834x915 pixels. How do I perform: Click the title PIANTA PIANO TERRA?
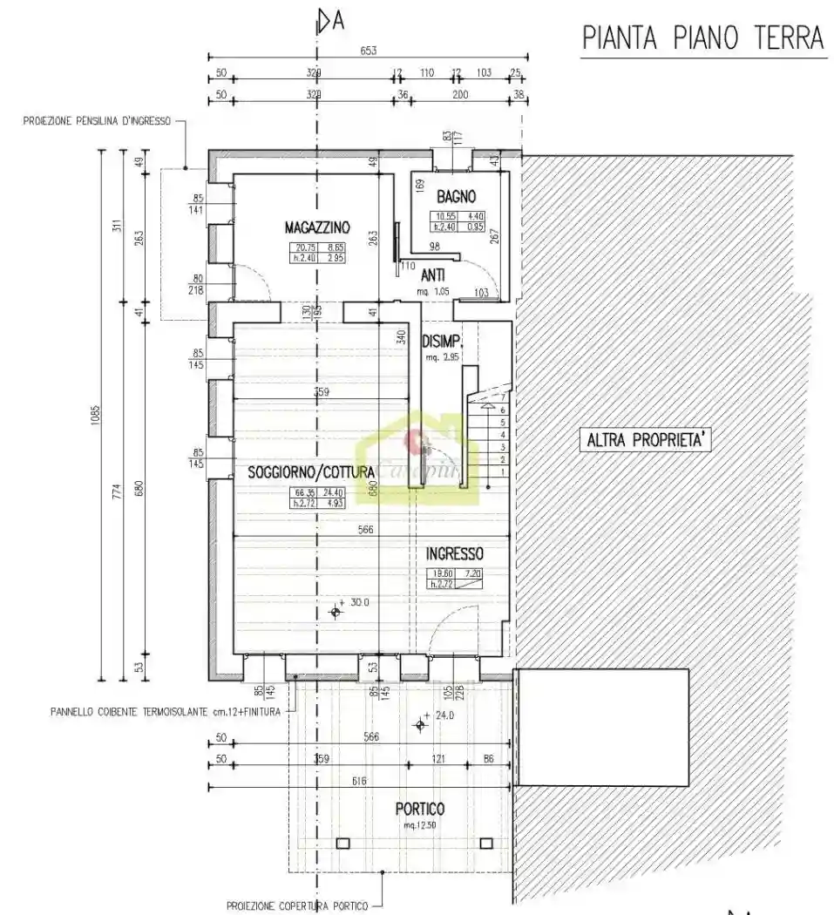pyautogui.click(x=702, y=38)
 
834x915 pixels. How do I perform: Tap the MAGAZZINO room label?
pyautogui.click(x=317, y=227)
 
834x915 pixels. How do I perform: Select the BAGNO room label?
pyautogui.click(x=456, y=197)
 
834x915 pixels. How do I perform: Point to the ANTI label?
pyautogui.click(x=432, y=274)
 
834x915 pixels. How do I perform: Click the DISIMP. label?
pyautogui.click(x=441, y=341)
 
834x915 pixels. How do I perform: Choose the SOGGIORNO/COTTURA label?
pyautogui.click(x=311, y=472)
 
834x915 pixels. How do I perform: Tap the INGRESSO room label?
pyautogui.click(x=454, y=553)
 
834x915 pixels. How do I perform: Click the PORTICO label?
pyautogui.click(x=419, y=809)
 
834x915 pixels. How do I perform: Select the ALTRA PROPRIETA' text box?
pyautogui.click(x=646, y=441)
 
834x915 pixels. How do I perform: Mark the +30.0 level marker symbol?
pyautogui.click(x=336, y=612)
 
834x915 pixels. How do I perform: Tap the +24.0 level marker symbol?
pyautogui.click(x=421, y=724)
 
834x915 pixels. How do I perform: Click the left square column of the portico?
pyautogui.click(x=342, y=843)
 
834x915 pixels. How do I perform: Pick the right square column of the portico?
pyautogui.click(x=487, y=843)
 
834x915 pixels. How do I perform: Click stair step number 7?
pyautogui.click(x=503, y=397)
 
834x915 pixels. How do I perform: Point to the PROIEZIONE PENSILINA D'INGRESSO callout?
pyautogui.click(x=97, y=121)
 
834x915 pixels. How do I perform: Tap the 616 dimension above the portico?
pyautogui.click(x=359, y=782)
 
